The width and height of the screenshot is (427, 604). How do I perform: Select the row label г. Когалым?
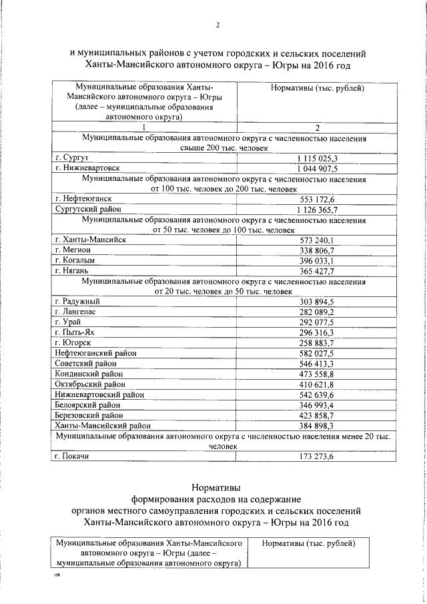tap(75, 260)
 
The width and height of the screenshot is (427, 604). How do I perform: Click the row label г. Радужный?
tap(77, 302)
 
